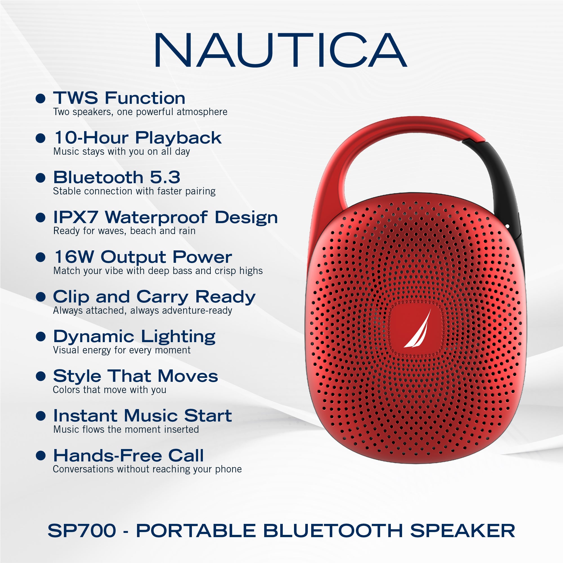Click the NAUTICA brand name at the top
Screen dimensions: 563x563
point(280,50)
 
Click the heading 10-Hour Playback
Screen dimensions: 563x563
point(138,138)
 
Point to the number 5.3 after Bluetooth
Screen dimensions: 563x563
point(165,177)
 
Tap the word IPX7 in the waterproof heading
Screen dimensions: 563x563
point(76,217)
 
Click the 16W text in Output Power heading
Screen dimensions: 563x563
point(74,257)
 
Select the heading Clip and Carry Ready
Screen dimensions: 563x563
point(154,297)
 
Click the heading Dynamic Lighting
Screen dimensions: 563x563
point(134,337)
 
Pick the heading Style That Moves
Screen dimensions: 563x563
point(135,376)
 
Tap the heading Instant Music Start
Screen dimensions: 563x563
point(142,416)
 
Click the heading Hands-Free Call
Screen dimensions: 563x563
point(128,456)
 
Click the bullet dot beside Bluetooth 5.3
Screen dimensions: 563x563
point(41,178)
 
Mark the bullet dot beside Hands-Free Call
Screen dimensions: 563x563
point(41,456)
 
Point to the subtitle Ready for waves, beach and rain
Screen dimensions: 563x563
point(124,231)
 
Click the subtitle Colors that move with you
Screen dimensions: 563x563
point(109,390)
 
